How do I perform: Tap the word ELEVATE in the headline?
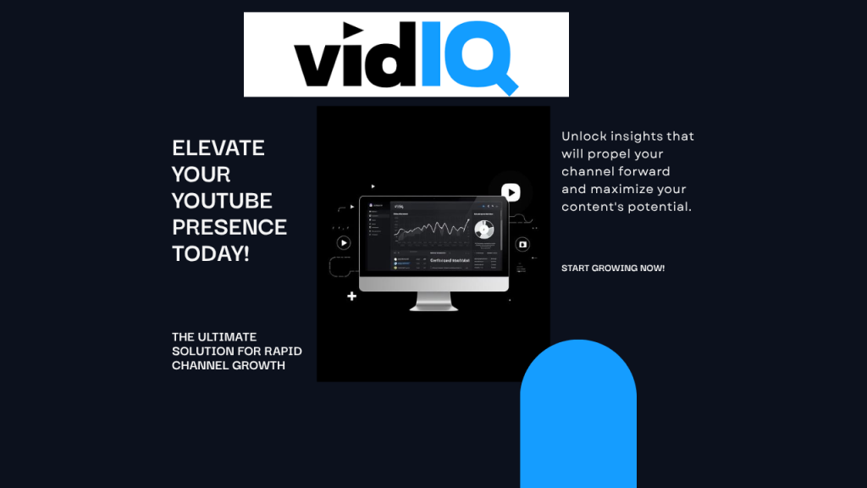[x=218, y=147]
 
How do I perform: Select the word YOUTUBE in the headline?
[x=222, y=201]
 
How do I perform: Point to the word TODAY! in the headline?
[x=211, y=253]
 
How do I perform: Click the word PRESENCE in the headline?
[x=229, y=227]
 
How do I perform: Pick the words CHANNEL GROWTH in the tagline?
[x=228, y=365]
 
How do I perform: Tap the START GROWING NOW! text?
[x=613, y=269]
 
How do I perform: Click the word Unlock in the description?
[x=586, y=136]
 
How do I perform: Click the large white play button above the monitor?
[x=511, y=192]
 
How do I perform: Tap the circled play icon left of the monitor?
[x=343, y=242]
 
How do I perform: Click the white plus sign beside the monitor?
[x=352, y=297]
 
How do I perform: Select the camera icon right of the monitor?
[x=522, y=244]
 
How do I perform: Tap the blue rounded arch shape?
[x=577, y=415]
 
